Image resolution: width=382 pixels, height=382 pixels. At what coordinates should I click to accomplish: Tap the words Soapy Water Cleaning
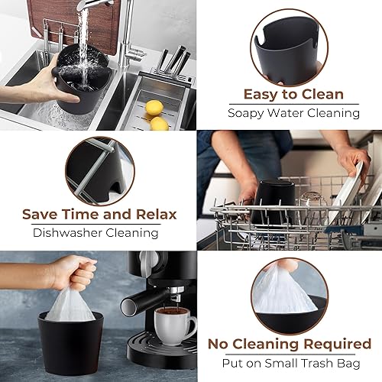pos(293,113)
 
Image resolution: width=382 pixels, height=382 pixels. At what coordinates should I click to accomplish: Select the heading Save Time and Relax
pos(99,214)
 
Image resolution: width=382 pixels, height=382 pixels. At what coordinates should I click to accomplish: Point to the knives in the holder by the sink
pos(173,62)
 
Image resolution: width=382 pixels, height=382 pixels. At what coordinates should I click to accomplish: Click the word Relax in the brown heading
pos(154,214)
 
